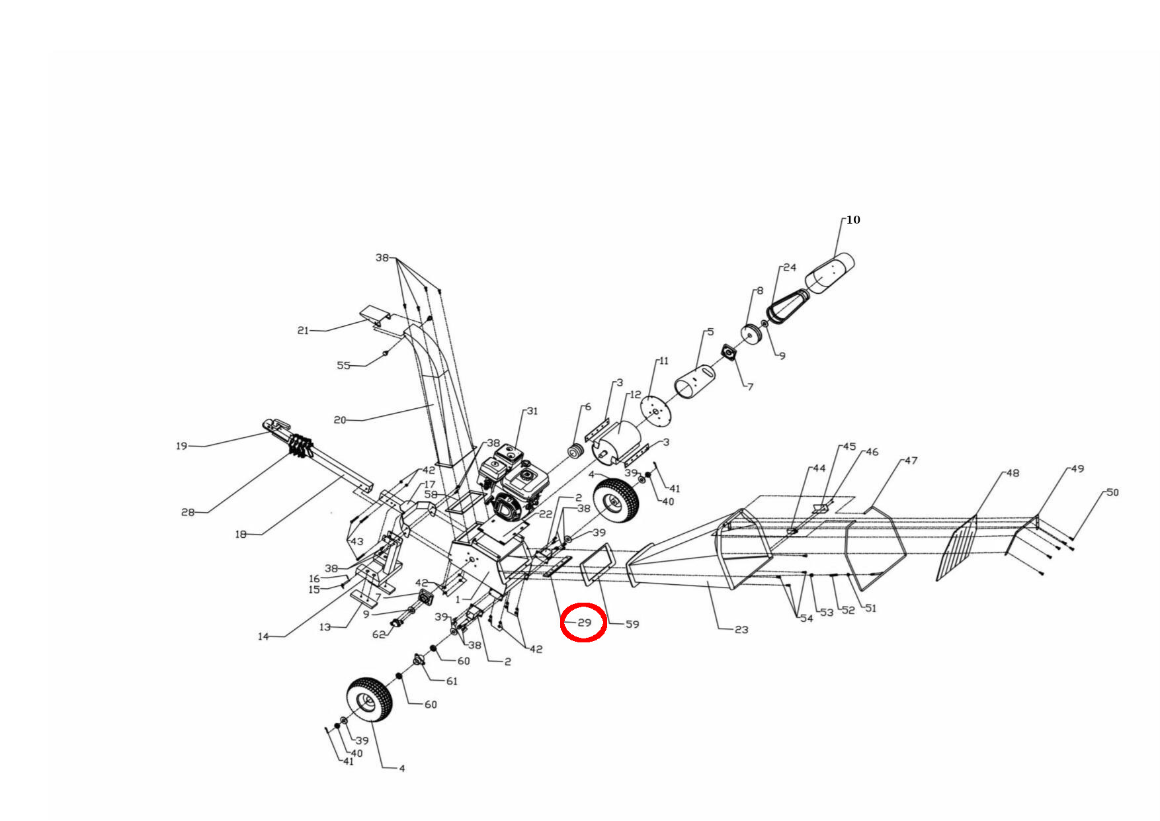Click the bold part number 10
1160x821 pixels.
pos(853,220)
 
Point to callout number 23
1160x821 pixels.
pos(741,629)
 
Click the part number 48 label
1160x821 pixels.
pos(1013,473)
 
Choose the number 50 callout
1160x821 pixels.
pos(1112,492)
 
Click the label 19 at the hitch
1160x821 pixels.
pos(182,446)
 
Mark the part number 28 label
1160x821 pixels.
pos(188,512)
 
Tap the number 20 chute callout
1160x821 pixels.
pos(340,420)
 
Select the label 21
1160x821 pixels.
pos(303,331)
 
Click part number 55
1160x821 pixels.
pos(343,366)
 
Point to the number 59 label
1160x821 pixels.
pos(632,624)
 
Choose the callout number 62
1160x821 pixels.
pos(378,634)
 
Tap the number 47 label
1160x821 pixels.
pos(911,460)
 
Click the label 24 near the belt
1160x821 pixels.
pos(790,268)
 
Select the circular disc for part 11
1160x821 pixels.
pos(657,411)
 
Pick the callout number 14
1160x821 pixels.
pos(263,636)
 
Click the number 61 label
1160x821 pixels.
pos(452,681)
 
